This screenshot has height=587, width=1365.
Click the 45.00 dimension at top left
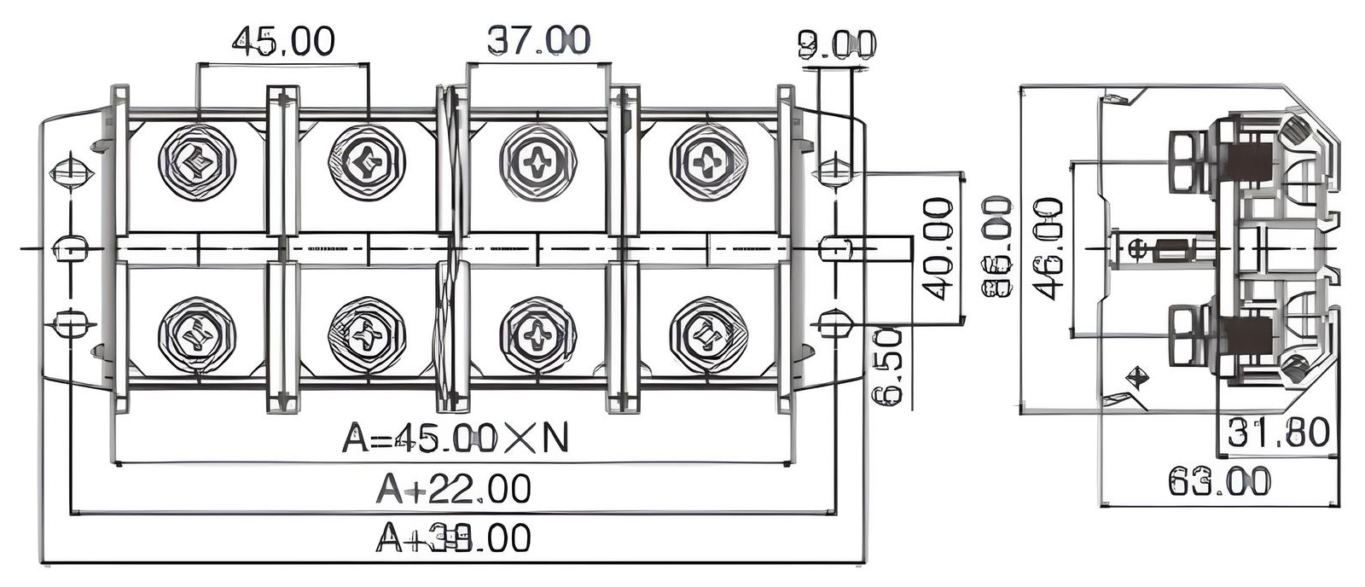pyautogui.click(x=283, y=40)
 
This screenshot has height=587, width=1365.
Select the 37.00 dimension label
pyautogui.click(x=537, y=40)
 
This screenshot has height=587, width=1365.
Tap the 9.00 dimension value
pyautogui.click(x=836, y=44)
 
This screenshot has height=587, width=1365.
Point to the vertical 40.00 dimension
pyautogui.click(x=938, y=248)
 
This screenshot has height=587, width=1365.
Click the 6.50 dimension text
pyautogui.click(x=888, y=366)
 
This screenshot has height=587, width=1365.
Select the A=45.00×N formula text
pyautogui.click(x=455, y=438)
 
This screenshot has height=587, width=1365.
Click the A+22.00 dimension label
pyautogui.click(x=453, y=489)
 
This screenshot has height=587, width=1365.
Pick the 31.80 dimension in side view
pyautogui.click(x=1277, y=433)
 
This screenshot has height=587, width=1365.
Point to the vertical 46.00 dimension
pyautogui.click(x=1048, y=248)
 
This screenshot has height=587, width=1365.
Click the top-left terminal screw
pyautogui.click(x=197, y=162)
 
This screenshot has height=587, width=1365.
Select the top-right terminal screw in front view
pyautogui.click(x=708, y=162)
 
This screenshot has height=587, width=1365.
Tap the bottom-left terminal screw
pyautogui.click(x=197, y=335)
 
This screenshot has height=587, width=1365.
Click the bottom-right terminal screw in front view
pyautogui.click(x=708, y=335)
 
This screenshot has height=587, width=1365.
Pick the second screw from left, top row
pyautogui.click(x=368, y=162)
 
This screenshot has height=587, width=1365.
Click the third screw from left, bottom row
pyautogui.click(x=537, y=335)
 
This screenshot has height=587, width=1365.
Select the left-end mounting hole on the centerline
pyautogui.click(x=69, y=250)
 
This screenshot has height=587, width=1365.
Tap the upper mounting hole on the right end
pyautogui.click(x=834, y=171)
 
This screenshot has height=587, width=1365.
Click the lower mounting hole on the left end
pyautogui.click(x=69, y=324)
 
